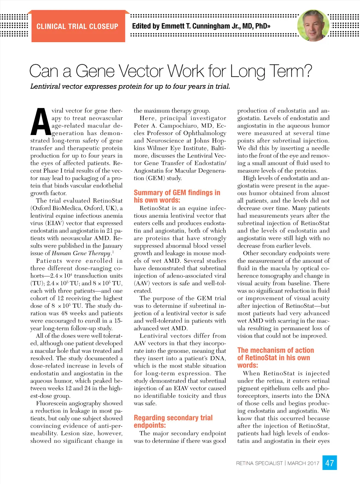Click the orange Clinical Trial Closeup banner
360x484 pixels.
click(x=77, y=27)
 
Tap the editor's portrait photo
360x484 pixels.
click(x=313, y=25)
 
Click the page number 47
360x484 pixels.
click(x=329, y=463)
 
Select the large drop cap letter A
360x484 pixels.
click(x=41, y=122)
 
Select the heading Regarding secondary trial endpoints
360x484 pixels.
click(x=173, y=421)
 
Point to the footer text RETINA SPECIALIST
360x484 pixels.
click(x=259, y=463)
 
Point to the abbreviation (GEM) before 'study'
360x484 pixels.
click(x=155, y=178)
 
